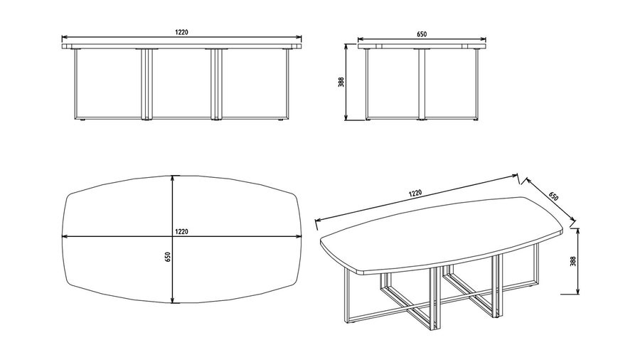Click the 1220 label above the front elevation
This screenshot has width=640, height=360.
coord(181,32)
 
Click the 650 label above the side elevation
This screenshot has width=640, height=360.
coord(422,34)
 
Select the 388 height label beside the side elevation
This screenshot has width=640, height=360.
coord(341,83)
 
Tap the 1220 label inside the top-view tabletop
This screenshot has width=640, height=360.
coord(181,231)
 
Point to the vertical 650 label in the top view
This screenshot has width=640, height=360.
coord(167,257)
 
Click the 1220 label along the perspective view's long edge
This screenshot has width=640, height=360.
coord(415,194)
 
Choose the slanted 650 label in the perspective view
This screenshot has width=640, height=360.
coord(553,196)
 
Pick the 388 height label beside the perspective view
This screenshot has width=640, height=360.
coord(573,261)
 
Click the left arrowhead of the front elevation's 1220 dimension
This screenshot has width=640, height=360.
coord(65,38)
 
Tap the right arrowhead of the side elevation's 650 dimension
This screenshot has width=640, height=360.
coord(484,40)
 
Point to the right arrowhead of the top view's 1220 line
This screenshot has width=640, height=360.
coord(298,236)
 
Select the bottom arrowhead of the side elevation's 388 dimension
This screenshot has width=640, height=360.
coord(346,117)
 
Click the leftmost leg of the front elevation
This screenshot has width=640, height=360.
coord(77,84)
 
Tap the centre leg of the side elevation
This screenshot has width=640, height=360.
coord(422,85)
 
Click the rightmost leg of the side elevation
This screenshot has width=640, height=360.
coord(476,84)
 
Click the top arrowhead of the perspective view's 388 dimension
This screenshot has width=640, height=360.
coord(578,232)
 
